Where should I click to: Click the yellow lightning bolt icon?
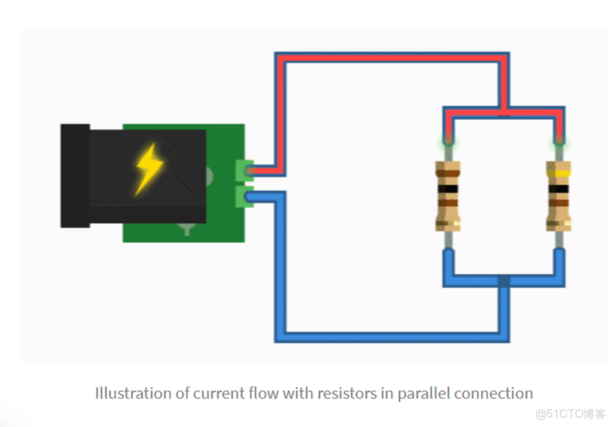[149, 169]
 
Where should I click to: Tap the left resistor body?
[448, 196]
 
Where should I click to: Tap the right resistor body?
[558, 196]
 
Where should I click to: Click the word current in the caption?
[214, 393]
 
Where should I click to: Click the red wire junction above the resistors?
[503, 111]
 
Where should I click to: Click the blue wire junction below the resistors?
[503, 281]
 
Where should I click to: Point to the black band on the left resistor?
[448, 190]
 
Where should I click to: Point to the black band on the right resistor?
[558, 190]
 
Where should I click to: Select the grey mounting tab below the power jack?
[186, 228]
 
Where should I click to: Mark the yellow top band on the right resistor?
[558, 172]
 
